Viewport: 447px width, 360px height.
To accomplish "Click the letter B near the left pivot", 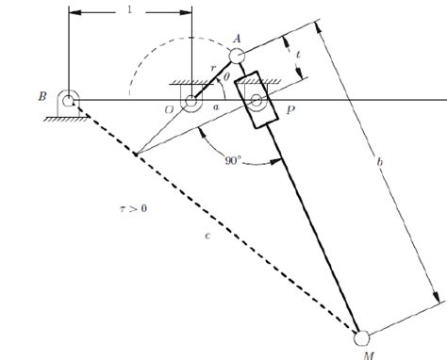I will (x=42, y=96).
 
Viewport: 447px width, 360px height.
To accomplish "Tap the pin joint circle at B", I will (x=69, y=97).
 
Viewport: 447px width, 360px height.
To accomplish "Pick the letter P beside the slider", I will (x=290, y=110).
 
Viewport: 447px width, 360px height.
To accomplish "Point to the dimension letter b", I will (x=380, y=166).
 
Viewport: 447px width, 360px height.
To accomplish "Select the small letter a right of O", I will (x=214, y=109).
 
